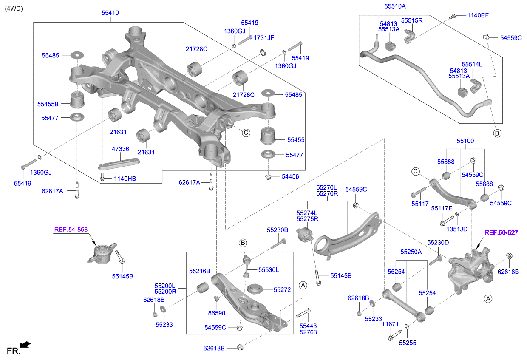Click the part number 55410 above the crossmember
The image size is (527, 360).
(110, 13)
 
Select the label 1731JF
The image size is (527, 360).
(264, 37)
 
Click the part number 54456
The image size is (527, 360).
(290, 176)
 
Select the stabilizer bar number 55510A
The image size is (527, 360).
(395, 6)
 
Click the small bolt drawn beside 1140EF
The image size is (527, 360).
(453, 16)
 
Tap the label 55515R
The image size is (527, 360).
(412, 20)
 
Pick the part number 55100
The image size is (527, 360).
(465, 141)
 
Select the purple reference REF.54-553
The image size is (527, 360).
(71, 230)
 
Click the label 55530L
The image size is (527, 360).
(269, 269)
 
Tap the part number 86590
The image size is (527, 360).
(217, 312)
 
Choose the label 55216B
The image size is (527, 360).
(200, 271)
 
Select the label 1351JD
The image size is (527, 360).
(457, 229)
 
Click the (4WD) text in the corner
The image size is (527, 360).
(14, 8)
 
